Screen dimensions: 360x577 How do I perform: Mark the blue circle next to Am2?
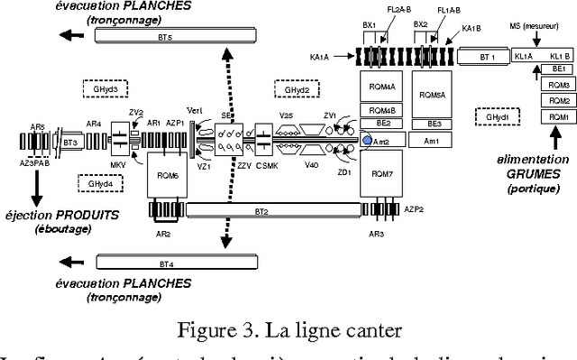tap(367, 140)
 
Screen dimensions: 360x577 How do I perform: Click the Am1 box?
tap(433, 141)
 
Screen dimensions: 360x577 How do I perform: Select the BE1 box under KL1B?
tap(558, 69)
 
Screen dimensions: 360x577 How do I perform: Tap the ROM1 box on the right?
tap(558, 117)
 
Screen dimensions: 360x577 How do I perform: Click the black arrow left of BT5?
tap(69, 36)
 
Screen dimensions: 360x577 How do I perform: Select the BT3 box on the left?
tap(71, 142)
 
